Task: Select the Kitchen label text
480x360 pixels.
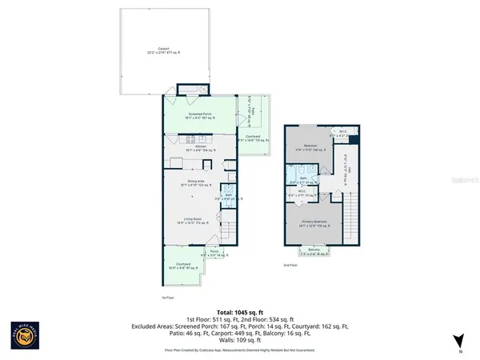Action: [189, 146]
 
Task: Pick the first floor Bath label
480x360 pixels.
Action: [228, 197]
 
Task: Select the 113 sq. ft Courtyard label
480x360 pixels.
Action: [254, 140]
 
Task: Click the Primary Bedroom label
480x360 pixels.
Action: [313, 223]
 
